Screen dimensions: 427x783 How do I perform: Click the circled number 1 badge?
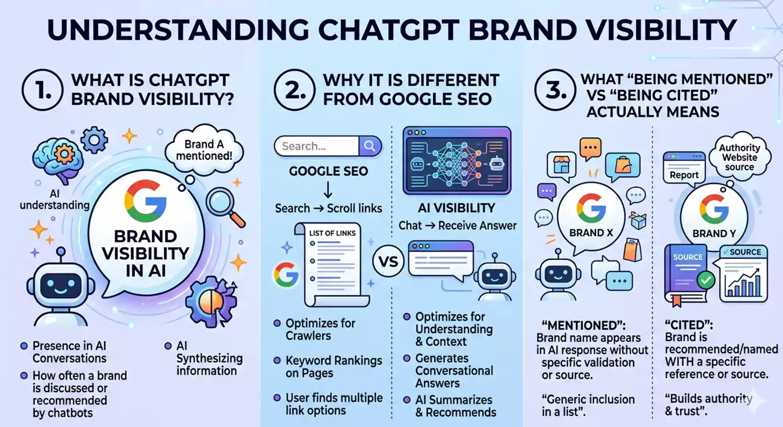[42, 90]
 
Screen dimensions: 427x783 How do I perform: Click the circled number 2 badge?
[294, 90]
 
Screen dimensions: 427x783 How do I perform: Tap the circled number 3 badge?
[555, 90]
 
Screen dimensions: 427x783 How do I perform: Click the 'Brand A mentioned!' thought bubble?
[204, 150]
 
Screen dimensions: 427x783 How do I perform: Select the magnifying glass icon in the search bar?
[370, 146]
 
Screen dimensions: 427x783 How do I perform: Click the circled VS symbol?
[388, 262]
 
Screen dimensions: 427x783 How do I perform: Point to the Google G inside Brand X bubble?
[591, 209]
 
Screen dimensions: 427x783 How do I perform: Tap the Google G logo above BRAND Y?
[714, 209]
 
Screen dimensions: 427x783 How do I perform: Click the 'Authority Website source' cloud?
[739, 157]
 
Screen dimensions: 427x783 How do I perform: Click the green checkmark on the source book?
[706, 279]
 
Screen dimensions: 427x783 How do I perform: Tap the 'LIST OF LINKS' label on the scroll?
[333, 233]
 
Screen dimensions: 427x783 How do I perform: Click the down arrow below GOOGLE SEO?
[328, 191]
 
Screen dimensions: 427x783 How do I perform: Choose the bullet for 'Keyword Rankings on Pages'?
[277, 360]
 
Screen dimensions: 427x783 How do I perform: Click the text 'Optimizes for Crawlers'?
[320, 329]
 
